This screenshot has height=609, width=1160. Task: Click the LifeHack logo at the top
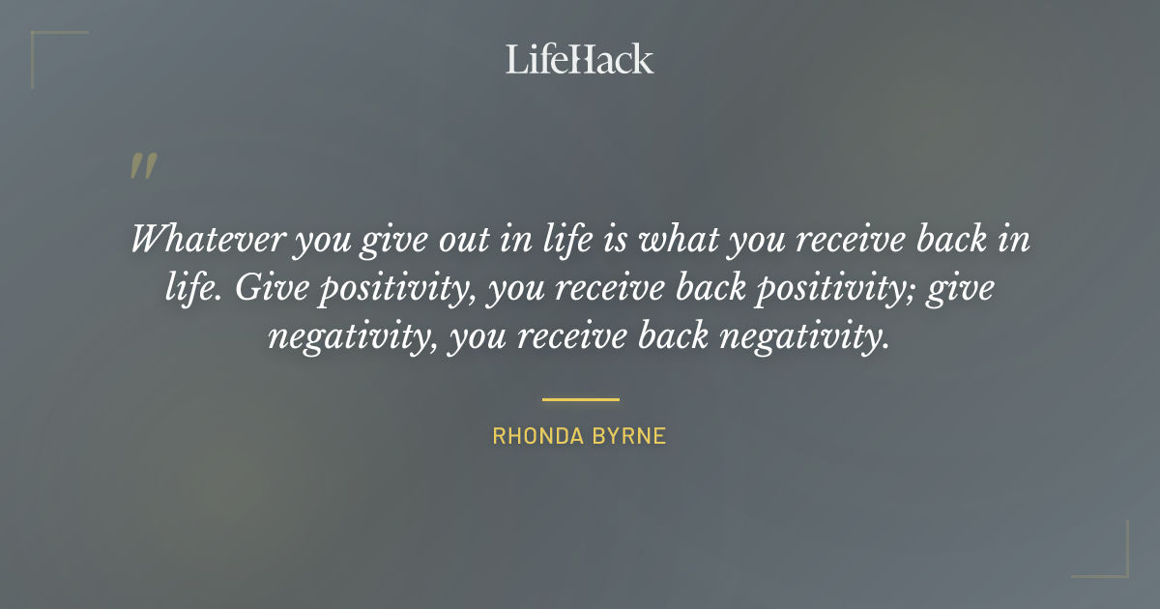(x=579, y=59)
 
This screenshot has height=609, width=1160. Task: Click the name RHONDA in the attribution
(x=533, y=436)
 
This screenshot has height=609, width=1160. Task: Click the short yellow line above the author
(x=580, y=398)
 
